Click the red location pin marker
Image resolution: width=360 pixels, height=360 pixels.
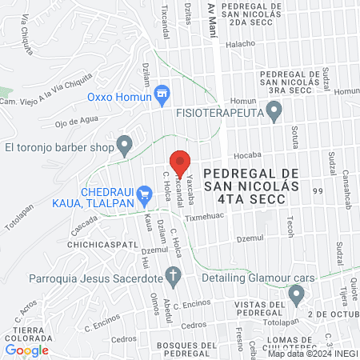coord(181,162)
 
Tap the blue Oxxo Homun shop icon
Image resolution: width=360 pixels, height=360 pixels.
coord(162,94)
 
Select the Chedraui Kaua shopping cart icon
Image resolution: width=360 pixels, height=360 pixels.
coord(144,193)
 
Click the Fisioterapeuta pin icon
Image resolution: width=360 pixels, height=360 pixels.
coord(274,114)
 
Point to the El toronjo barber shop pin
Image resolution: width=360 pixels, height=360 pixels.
coord(124,146)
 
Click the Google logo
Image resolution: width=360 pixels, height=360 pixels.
coord(27,350)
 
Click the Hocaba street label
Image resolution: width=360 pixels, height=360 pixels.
coord(245,156)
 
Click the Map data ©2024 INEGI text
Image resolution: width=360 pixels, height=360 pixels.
coord(312,354)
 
